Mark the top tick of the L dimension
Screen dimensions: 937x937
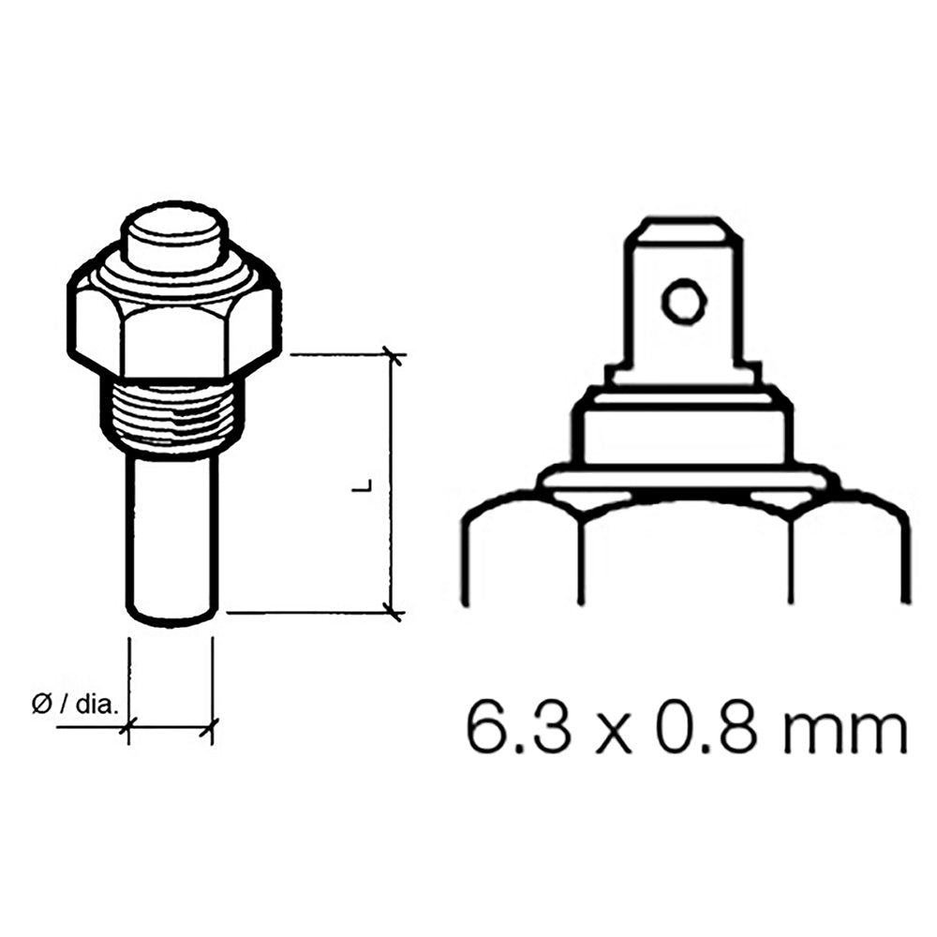394,356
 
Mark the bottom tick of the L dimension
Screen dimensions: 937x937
394,612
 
